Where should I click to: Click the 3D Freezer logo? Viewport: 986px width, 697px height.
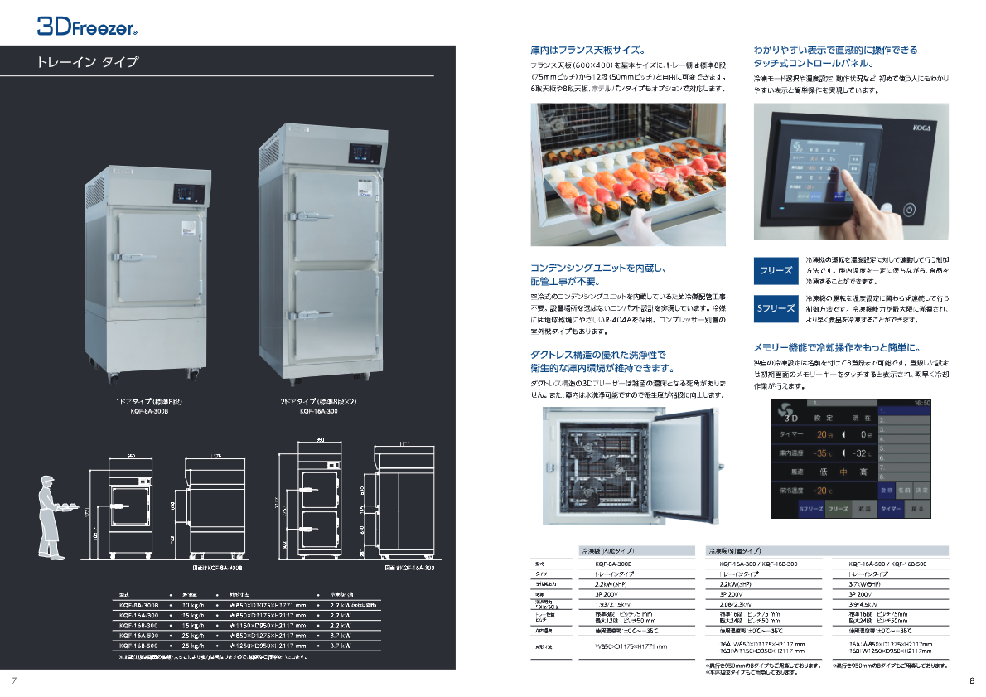coord(86,27)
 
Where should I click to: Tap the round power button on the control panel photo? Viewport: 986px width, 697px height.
coord(910,209)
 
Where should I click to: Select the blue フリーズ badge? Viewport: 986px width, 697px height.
coord(776,270)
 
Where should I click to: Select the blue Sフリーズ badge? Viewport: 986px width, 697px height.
coord(776,307)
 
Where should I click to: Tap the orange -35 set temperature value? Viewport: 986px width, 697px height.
coord(824,453)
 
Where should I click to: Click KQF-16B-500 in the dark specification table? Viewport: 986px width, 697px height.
coord(138,645)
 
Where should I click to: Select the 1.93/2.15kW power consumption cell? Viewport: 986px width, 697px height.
coord(615,604)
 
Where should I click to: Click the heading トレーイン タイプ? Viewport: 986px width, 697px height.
coord(88,62)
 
